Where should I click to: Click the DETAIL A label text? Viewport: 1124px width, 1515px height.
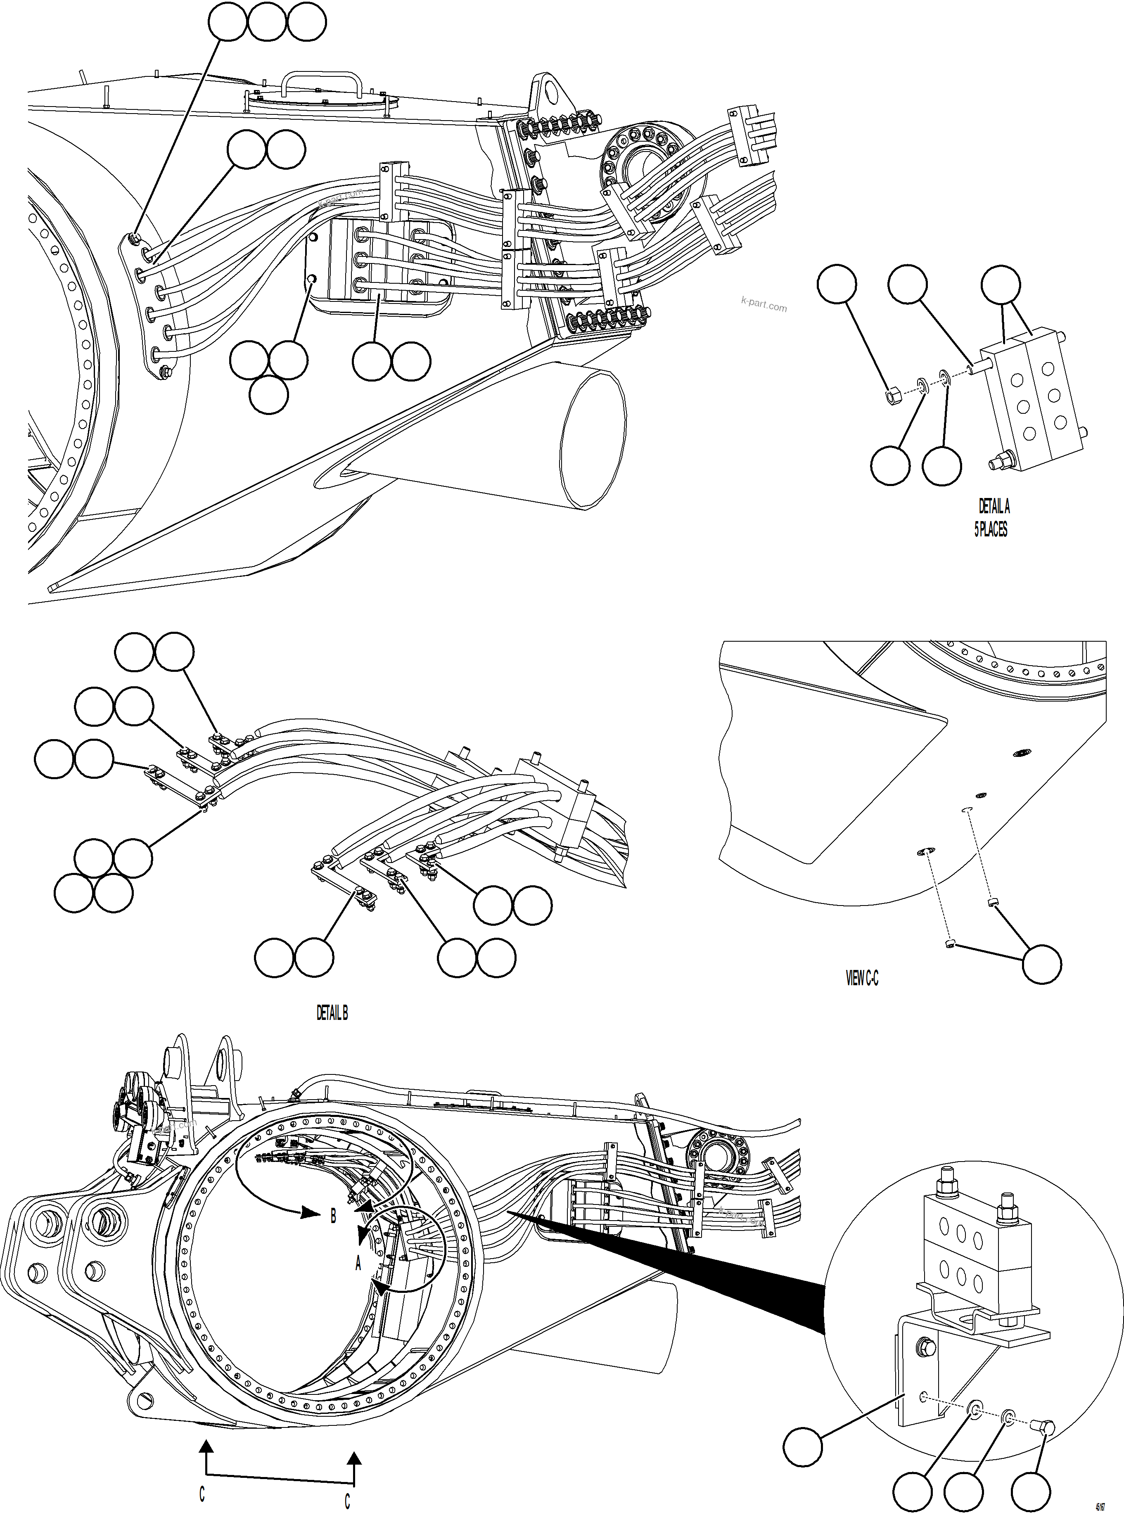(994, 506)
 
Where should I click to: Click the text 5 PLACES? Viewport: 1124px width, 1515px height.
(991, 529)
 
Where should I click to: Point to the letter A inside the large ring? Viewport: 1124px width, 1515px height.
(358, 1263)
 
